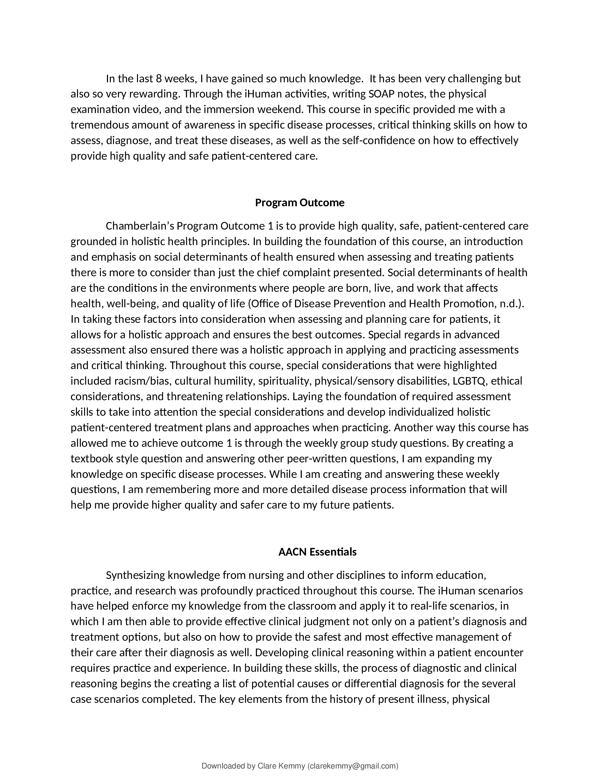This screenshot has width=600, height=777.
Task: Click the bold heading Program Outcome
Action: pos(300,203)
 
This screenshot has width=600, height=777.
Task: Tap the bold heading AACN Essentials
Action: pos(317,552)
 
